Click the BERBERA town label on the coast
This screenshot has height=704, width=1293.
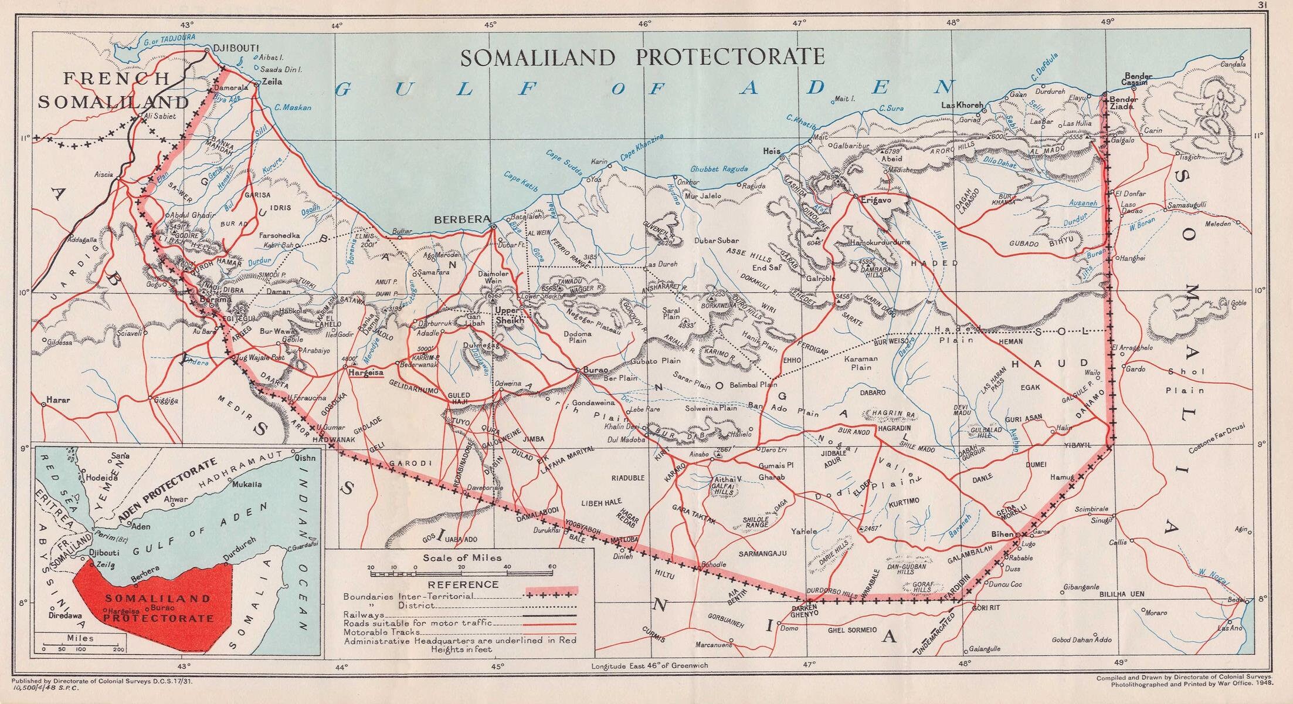click(x=461, y=219)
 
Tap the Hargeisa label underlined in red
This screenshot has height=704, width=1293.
click(x=365, y=373)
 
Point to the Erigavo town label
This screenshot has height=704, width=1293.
click(x=875, y=200)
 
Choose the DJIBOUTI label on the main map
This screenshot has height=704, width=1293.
click(x=237, y=48)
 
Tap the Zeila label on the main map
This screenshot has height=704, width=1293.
click(x=272, y=82)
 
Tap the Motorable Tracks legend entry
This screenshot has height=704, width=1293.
click(x=382, y=632)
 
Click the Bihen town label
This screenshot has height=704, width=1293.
click(x=1001, y=534)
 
